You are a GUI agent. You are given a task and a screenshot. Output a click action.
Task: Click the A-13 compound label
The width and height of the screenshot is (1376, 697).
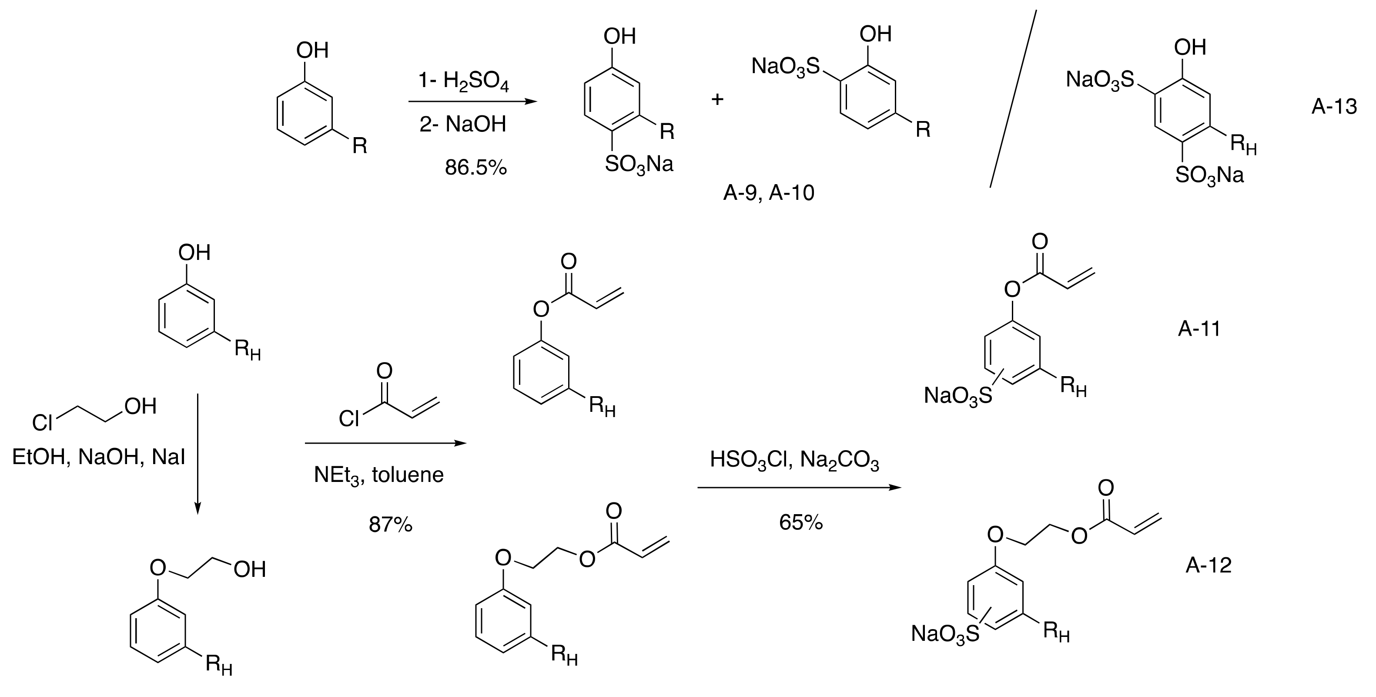pyautogui.click(x=1333, y=107)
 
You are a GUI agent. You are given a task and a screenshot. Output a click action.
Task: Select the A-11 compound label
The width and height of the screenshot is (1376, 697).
pyautogui.click(x=1199, y=328)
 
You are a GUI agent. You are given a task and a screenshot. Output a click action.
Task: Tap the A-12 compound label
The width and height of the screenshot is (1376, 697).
pyautogui.click(x=1208, y=565)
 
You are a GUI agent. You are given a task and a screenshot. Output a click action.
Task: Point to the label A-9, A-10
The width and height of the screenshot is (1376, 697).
pyautogui.click(x=768, y=193)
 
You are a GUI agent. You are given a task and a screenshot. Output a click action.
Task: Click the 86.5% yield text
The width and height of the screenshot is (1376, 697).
pyautogui.click(x=475, y=168)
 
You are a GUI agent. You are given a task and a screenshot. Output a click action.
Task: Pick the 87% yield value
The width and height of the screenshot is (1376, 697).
pyautogui.click(x=391, y=525)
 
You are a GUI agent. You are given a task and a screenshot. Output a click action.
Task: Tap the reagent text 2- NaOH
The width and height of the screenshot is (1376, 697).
pyautogui.click(x=462, y=125)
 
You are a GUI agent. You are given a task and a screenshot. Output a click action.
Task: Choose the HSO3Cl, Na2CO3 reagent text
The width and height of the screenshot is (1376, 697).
pyautogui.click(x=794, y=461)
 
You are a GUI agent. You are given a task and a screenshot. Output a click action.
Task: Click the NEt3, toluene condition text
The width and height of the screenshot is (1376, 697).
pyautogui.click(x=379, y=475)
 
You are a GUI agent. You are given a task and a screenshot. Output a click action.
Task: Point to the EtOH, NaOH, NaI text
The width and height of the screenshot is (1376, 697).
pyautogui.click(x=98, y=458)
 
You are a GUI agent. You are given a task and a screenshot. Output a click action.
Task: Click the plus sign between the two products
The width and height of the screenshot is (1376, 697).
pyautogui.click(x=717, y=99)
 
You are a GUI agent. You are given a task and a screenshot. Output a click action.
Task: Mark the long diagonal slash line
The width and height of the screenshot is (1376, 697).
pyautogui.click(x=1013, y=99)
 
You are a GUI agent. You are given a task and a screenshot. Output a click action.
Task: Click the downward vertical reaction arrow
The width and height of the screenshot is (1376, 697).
pyautogui.click(x=198, y=455)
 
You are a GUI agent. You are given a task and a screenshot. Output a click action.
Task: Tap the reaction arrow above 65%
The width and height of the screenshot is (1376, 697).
pyautogui.click(x=799, y=488)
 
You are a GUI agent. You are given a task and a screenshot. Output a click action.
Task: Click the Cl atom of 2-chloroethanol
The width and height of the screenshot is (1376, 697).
pyautogui.click(x=42, y=423)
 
